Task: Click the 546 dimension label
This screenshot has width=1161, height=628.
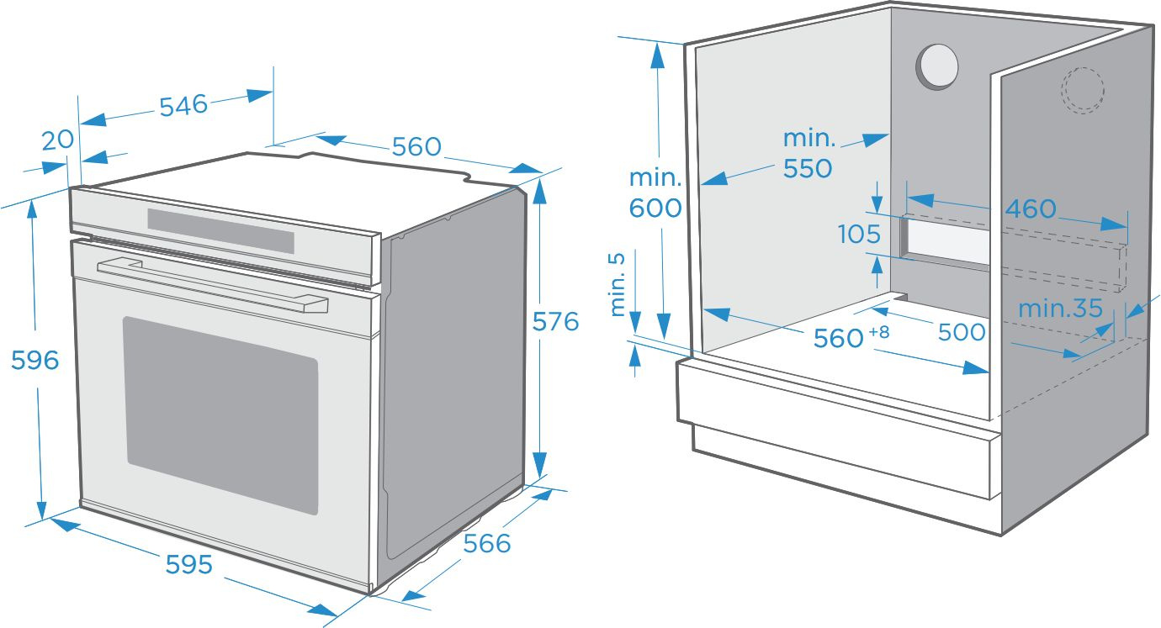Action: (x=183, y=105)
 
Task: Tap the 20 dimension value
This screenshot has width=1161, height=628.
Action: (x=58, y=140)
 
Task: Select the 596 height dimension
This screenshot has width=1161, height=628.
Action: (x=34, y=360)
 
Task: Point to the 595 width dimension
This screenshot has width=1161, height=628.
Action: (x=188, y=564)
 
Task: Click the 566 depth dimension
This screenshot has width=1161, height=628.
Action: (x=487, y=543)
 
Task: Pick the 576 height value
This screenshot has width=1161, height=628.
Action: (x=555, y=321)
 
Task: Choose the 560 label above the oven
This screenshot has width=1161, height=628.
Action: (x=416, y=146)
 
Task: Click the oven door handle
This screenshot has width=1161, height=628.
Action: (x=210, y=286)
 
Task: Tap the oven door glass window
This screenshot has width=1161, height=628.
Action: (x=221, y=414)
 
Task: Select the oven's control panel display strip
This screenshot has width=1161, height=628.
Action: (x=220, y=230)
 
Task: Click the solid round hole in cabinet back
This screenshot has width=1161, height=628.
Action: (x=936, y=66)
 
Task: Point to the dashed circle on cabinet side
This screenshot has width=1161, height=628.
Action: (x=1082, y=89)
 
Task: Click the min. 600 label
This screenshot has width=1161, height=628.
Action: (x=655, y=193)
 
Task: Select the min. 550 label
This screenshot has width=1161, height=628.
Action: (x=808, y=153)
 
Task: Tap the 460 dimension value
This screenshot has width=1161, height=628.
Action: (x=1031, y=208)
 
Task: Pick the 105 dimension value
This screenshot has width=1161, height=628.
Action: (x=859, y=234)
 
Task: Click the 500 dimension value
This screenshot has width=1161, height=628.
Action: (x=962, y=331)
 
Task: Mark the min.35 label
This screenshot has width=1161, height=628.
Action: (x=1060, y=309)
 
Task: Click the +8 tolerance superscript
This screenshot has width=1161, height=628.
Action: (x=878, y=331)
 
